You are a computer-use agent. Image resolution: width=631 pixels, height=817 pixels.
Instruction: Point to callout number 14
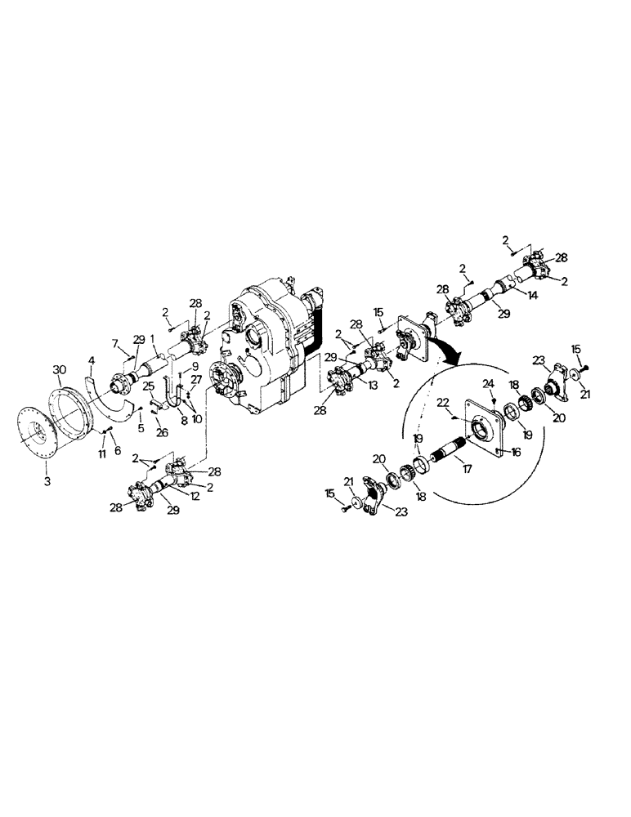[534, 295]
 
